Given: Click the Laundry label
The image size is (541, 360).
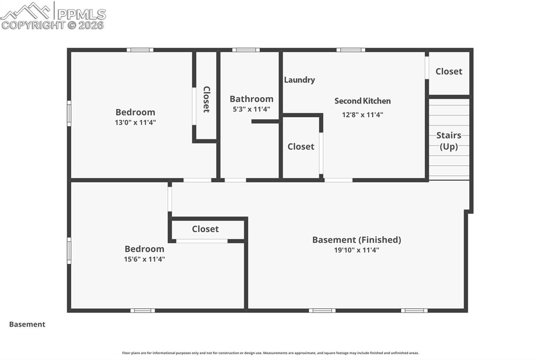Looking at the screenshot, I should click(300, 80).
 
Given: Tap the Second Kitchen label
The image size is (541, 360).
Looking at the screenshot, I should click(362, 101).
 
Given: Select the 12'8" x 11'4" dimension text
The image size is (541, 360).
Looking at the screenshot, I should click(362, 114).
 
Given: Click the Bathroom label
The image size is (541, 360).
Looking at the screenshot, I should click(251, 99).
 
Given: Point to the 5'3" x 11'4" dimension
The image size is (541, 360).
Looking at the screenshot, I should click(251, 109).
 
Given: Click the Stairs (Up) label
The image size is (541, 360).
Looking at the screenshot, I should click(449, 141).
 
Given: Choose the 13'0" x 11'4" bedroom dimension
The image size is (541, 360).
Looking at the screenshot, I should click(135, 122).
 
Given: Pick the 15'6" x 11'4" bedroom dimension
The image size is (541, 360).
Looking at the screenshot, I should click(144, 259).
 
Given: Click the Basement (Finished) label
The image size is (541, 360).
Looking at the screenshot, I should click(357, 240).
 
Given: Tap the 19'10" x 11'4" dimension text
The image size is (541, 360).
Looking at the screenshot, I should click(357, 250).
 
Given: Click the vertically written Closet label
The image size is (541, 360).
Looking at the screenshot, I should click(206, 99).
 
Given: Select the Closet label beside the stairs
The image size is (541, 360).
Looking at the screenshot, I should click(449, 71).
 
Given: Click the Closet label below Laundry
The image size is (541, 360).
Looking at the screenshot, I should click(301, 147).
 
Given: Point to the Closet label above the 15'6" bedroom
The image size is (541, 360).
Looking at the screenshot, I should click(205, 229).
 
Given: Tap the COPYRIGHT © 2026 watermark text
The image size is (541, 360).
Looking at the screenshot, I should click(53, 25).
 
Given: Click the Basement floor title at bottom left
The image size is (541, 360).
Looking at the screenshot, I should click(27, 325).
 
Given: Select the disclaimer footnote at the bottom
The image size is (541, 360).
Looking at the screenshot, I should click(270, 353).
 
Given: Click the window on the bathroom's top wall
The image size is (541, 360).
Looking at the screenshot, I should click(246, 50).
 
